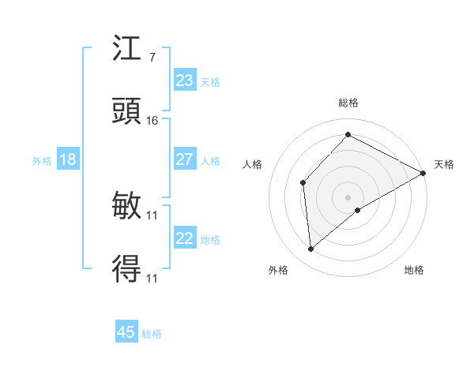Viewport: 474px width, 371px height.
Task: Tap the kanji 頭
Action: pos(127,111)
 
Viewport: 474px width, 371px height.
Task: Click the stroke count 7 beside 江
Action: pos(152,58)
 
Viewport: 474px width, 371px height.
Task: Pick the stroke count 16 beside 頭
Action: pos(152,121)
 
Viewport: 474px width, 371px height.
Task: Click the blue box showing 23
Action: pos(184,81)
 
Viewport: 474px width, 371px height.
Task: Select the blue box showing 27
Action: pos(184,159)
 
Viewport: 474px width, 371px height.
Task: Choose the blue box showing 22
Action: pos(184,238)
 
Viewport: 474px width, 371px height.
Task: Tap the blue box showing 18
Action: pos(68,159)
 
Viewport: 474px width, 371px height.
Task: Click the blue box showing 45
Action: pos(126,332)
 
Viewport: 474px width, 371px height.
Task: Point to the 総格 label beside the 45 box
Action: pos(152,334)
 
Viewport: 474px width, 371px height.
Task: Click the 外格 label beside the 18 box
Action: pos(42,161)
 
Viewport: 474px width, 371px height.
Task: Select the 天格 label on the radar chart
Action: pos(444,164)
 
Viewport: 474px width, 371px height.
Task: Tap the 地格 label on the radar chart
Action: pos(414,270)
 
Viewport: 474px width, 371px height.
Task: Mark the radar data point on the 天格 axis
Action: pos(423,173)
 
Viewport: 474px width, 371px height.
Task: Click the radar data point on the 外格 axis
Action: pos(311,249)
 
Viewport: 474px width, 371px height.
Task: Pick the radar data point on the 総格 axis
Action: pos(348,135)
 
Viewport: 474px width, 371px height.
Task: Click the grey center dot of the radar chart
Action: pos(348,197)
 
